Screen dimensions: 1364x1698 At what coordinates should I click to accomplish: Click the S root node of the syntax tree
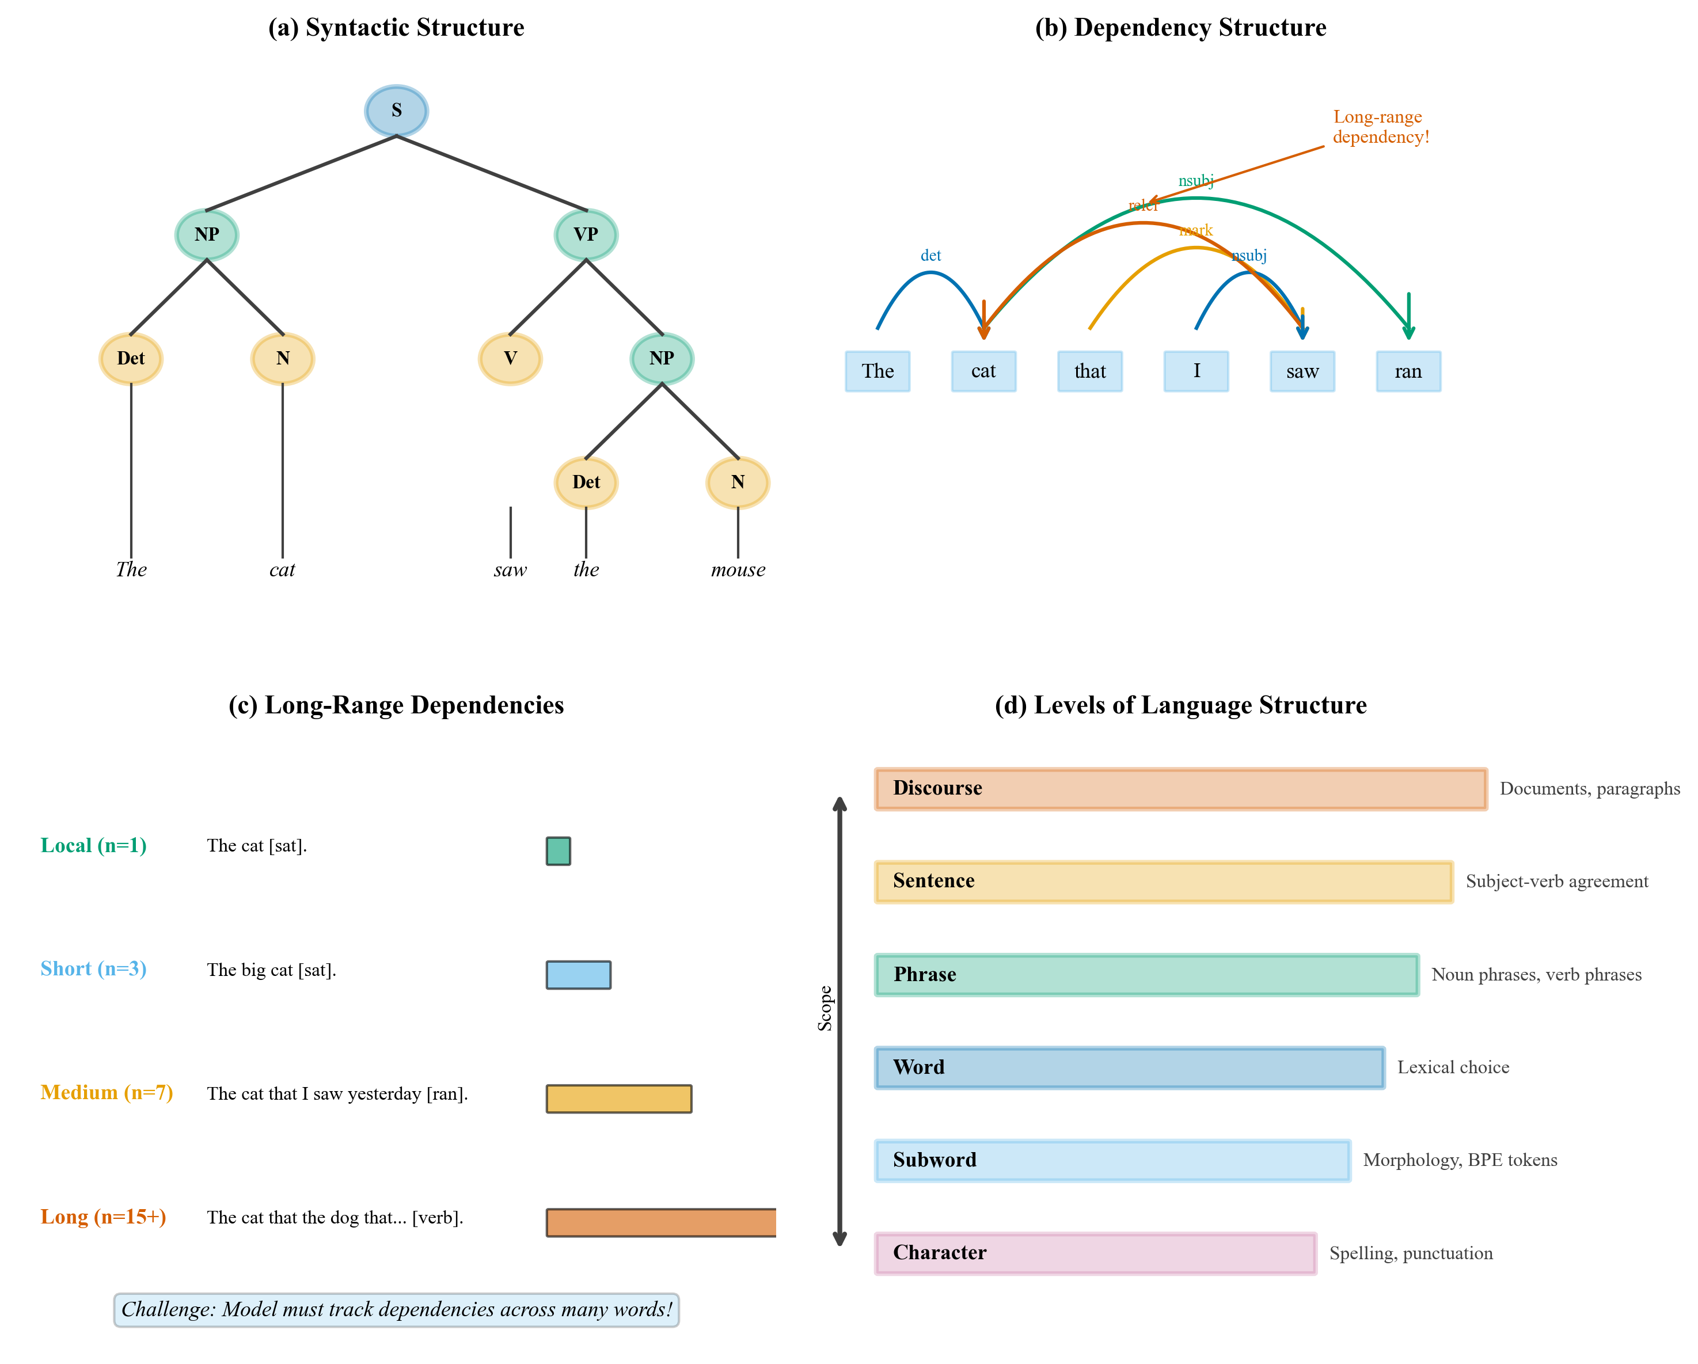(396, 110)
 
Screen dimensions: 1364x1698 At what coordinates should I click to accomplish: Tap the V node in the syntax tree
(510, 358)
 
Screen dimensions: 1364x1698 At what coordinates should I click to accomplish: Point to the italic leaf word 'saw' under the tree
(510, 569)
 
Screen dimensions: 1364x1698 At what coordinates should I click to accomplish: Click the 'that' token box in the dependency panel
(1089, 371)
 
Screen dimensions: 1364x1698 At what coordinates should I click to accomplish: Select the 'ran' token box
(1408, 371)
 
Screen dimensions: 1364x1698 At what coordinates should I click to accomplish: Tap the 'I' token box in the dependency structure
(1195, 371)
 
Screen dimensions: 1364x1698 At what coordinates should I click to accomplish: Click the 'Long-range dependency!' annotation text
(1380, 127)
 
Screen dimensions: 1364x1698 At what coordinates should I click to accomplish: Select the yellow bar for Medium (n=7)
(618, 1099)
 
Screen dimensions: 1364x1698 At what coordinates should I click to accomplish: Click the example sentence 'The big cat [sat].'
(271, 970)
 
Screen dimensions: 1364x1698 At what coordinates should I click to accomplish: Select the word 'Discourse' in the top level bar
(937, 788)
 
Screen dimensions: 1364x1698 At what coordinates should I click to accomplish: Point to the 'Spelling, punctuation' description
(1411, 1253)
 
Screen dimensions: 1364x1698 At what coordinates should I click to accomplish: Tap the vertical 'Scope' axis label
(825, 1008)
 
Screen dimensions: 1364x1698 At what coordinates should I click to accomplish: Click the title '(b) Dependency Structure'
(1180, 28)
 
